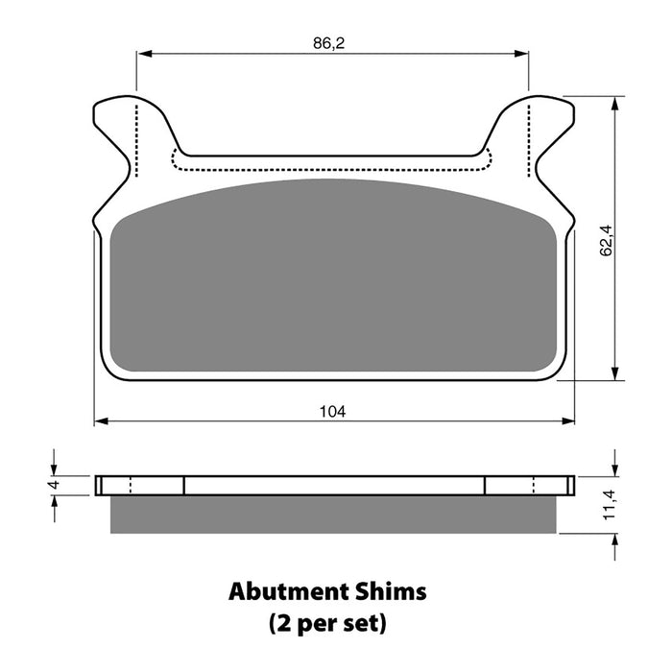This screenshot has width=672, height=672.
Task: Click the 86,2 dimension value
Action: point(328,43)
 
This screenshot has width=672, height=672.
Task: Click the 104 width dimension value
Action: point(332,412)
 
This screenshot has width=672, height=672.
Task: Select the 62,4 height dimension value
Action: point(606,240)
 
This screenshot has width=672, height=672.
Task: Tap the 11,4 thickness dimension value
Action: point(609,504)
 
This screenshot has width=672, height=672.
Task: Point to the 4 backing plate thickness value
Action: point(54,485)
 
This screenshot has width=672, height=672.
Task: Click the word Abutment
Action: point(288,591)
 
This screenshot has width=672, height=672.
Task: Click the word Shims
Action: point(391,591)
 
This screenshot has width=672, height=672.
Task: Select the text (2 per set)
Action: point(328,624)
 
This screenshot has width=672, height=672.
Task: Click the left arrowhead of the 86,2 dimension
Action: point(145,54)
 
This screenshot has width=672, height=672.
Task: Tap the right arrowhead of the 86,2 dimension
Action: point(520,54)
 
